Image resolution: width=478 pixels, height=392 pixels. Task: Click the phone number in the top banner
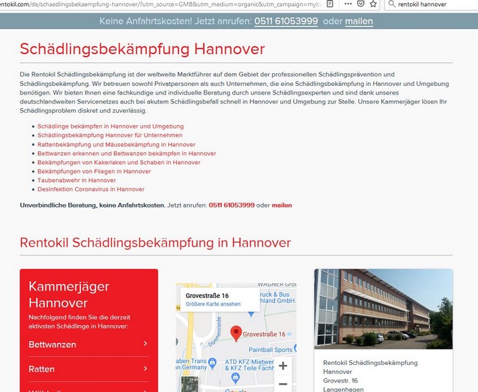[286, 21]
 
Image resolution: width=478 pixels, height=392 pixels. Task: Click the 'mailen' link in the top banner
[358, 21]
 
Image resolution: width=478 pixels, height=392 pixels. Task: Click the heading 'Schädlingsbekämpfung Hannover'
[142, 49]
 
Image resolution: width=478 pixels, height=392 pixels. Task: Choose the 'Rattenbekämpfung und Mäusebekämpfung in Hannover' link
[116, 144]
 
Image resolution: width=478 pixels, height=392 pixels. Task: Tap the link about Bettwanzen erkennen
[126, 153]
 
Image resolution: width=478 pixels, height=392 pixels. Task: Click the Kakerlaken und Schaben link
[119, 162]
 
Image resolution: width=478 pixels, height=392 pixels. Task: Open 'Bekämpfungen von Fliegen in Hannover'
[94, 171]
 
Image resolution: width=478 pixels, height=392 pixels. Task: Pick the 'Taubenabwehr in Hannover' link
[76, 180]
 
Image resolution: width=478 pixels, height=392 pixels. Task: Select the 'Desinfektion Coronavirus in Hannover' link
[90, 189]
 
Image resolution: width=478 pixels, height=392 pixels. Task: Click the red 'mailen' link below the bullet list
[282, 205]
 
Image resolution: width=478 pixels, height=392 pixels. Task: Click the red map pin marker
[236, 333]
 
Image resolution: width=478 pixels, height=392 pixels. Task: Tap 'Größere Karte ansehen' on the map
[213, 304]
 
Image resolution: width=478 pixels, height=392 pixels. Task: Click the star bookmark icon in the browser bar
[373, 3]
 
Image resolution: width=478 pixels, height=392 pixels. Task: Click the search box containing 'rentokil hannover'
[432, 4]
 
